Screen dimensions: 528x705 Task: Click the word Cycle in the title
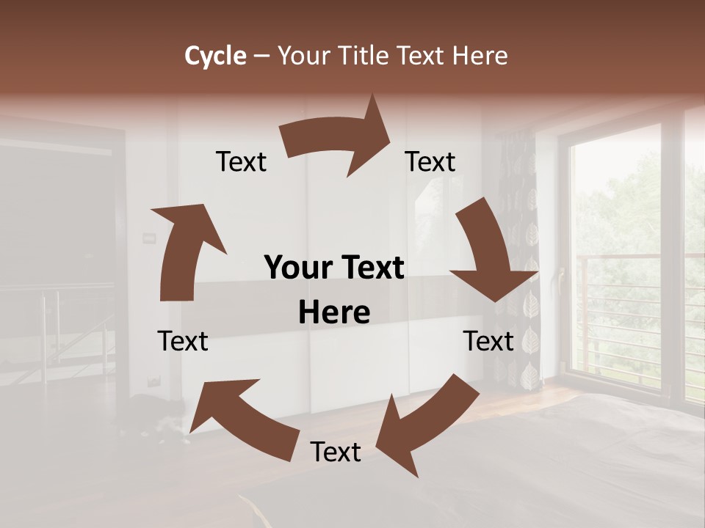coord(215,56)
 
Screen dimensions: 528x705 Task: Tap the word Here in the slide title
coord(481,56)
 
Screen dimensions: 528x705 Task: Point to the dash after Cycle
coord(261,56)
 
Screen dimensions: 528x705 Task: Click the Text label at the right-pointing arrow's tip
coord(430,161)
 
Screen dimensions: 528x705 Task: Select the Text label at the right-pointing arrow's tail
coord(241,161)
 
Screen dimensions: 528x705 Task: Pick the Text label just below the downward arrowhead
coord(488,341)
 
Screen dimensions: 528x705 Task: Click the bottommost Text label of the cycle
coord(336,452)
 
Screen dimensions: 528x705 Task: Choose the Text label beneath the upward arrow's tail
coord(183,341)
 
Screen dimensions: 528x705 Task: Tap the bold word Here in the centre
coord(334,312)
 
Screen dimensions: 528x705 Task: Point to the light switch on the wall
coord(149,236)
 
